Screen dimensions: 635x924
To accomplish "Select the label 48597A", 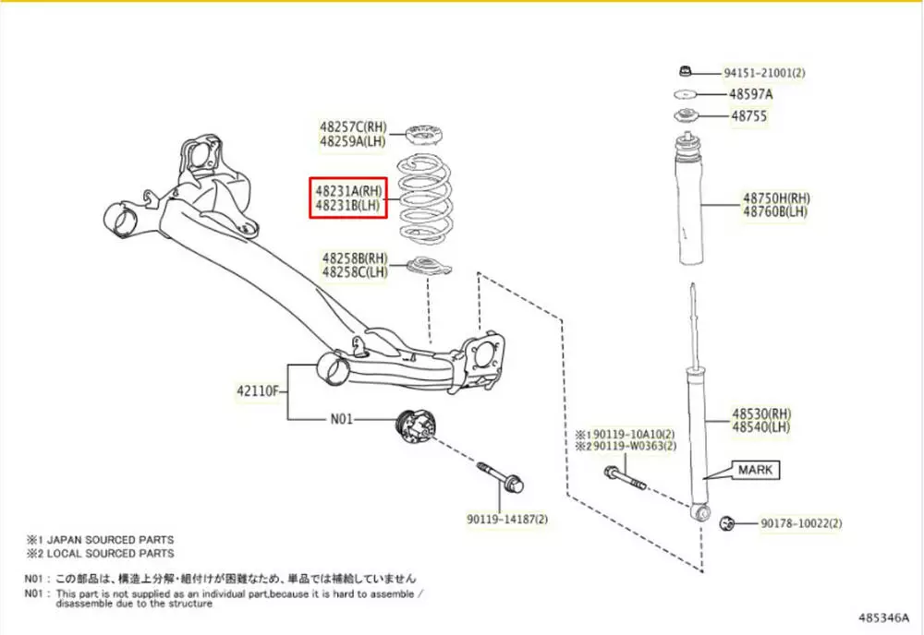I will tap(751, 94).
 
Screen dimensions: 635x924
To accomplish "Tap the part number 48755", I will tap(748, 116).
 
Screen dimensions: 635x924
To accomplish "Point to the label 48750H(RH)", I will tap(776, 198).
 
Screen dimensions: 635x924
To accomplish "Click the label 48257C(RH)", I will tap(354, 126).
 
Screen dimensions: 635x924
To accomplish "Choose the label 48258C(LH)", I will tap(355, 271).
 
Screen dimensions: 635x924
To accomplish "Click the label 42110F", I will tap(257, 390).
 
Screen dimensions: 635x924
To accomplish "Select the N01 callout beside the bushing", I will tap(342, 418).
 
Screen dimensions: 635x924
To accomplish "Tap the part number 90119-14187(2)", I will tap(507, 519).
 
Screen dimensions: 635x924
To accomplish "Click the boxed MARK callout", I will tap(755, 470).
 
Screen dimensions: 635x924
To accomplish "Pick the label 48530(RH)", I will tap(762, 413).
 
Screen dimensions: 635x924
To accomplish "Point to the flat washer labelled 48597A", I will tap(685, 94).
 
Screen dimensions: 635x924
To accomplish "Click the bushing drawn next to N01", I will tap(413, 426).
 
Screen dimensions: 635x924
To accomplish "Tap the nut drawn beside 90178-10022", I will tap(726, 523).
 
